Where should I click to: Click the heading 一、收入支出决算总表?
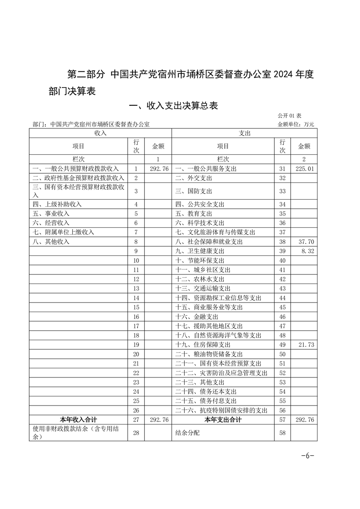[174, 106]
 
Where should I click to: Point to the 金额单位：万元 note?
[296, 124]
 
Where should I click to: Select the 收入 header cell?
[100, 133]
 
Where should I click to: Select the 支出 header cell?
[244, 133]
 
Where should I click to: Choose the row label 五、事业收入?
[51, 213]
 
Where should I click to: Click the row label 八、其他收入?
[51, 242]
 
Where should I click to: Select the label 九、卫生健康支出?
[199, 251]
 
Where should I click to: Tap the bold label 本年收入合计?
[79, 420]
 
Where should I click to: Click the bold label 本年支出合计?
[223, 420]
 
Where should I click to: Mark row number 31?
[282, 169]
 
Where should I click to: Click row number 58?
[282, 433]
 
